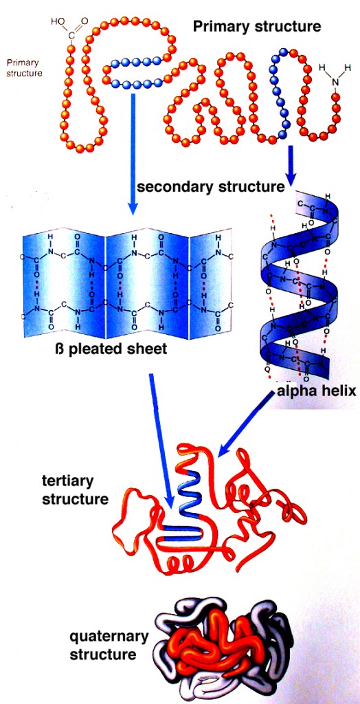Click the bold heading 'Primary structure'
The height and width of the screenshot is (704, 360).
(x=256, y=27)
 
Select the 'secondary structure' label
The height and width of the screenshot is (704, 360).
(x=210, y=186)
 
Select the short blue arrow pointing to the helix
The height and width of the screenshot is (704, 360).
(x=292, y=165)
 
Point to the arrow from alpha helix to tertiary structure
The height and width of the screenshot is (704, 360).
(x=247, y=430)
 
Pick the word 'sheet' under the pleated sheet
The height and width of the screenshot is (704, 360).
(x=146, y=349)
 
